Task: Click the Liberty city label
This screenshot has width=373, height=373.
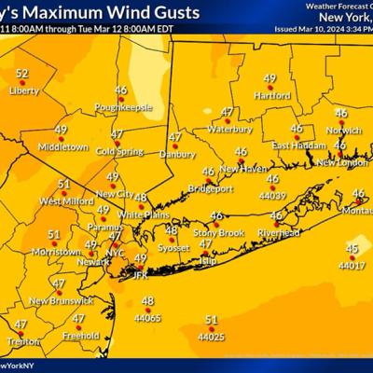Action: [x=25, y=92]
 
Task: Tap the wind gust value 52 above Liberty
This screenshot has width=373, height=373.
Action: [x=22, y=73]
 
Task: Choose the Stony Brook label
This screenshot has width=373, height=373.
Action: [x=216, y=232]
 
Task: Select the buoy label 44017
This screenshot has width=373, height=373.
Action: [x=352, y=266]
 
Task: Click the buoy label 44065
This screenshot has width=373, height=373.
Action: [x=148, y=318]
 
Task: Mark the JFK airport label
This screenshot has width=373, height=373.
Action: [x=135, y=275]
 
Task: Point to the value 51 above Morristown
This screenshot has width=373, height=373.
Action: [x=54, y=235]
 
